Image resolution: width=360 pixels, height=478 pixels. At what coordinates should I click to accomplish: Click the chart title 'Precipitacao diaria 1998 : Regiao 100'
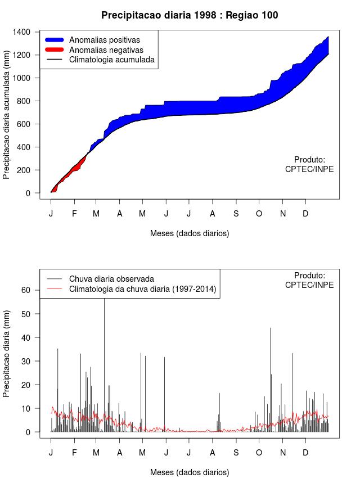(x=190, y=15)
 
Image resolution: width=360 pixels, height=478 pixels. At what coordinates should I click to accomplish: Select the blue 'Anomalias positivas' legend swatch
(x=56, y=40)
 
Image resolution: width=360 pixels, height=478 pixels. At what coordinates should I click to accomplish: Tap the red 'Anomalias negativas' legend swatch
(x=56, y=50)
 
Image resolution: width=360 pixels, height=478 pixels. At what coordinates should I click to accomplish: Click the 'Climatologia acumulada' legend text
(x=111, y=60)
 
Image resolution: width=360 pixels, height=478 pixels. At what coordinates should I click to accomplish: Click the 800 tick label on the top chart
(x=24, y=101)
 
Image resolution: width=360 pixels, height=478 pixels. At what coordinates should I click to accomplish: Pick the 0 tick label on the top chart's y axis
(x=28, y=193)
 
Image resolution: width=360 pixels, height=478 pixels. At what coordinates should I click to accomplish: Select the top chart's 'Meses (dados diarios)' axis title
(x=190, y=233)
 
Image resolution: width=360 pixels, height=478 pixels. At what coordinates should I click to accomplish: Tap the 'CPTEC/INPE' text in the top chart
(x=309, y=169)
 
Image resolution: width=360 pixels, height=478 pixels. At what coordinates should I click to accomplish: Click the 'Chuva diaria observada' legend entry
(x=111, y=279)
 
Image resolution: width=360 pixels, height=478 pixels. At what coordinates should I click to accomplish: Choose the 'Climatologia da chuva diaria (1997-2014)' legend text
(x=143, y=290)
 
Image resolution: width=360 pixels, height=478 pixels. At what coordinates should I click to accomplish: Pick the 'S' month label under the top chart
(x=236, y=214)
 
